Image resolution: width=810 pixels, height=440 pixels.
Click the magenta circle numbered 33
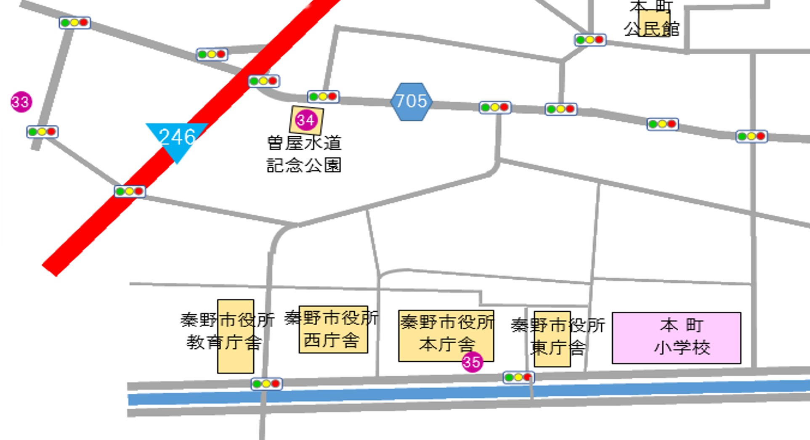(21, 102)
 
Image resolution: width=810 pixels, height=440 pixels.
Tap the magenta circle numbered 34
(306, 120)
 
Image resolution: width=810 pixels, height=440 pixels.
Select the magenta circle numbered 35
(472, 362)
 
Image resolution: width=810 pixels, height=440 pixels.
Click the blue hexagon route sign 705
(411, 101)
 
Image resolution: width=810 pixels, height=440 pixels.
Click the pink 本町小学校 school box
(676, 338)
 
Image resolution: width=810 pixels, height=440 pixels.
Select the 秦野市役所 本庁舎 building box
(446, 336)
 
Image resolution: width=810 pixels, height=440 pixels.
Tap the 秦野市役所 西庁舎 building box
(333, 329)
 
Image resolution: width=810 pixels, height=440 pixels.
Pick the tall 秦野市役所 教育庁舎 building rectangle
(236, 336)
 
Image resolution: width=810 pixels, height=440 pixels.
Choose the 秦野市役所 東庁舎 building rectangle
(552, 339)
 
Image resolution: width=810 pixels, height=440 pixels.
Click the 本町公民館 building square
(654, 23)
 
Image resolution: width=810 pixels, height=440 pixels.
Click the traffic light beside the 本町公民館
(590, 40)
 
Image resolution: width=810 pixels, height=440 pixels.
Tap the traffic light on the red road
(263, 81)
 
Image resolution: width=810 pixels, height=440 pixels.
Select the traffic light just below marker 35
(518, 377)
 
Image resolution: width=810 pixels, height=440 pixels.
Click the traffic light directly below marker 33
(42, 132)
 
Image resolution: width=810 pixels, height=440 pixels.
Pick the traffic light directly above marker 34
(323, 97)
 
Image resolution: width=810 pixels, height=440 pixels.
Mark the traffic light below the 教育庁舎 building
(266, 384)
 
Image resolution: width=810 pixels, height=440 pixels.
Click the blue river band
(421, 394)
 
